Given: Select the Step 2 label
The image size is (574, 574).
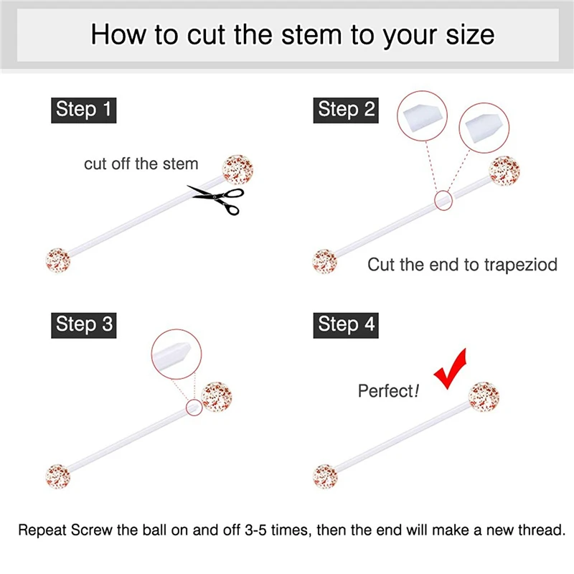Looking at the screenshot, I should point(347,110).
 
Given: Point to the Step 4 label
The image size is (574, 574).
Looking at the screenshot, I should point(347,324).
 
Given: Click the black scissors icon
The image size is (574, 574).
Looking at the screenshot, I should point(216,198).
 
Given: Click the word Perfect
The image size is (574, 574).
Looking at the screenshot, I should point(385,391).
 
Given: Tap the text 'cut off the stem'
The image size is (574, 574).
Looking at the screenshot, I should point(141,164).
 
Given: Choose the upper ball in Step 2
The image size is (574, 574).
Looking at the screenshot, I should point(504,169).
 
